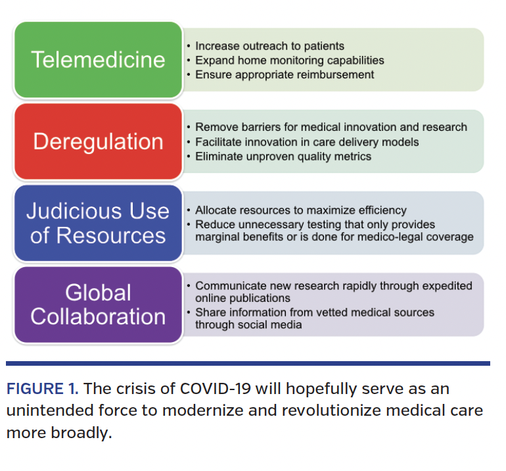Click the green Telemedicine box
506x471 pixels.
coord(98,60)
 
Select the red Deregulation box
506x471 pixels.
coord(98,141)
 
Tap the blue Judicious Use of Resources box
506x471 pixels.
coord(98,223)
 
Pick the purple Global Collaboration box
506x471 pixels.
coord(98,305)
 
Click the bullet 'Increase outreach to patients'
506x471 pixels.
coord(269,46)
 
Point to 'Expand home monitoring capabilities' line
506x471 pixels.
coord(289,61)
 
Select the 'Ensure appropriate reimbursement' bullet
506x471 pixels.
coord(285,74)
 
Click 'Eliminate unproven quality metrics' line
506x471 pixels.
coord(283,157)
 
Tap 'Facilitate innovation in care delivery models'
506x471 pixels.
coord(307,142)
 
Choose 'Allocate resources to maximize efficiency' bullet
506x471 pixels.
coord(301,211)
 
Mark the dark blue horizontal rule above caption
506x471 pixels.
coord(248,363)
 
